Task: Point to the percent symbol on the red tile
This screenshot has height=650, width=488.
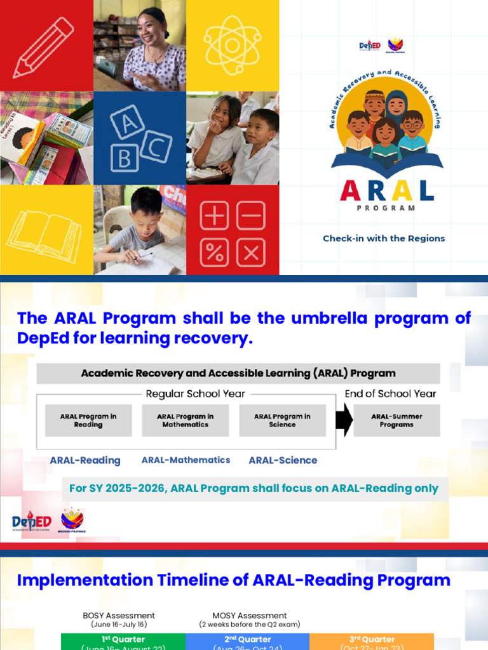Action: [215, 253]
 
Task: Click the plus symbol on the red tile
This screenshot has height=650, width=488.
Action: [215, 216]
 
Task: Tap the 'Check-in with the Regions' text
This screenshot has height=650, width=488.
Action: [384, 239]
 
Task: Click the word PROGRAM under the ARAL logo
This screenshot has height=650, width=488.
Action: [386, 208]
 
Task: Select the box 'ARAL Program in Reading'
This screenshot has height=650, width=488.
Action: [88, 420]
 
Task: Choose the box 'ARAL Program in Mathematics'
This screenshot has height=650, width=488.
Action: [185, 420]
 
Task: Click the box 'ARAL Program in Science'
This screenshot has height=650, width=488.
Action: [282, 420]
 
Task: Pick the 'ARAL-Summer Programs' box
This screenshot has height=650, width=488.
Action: [396, 420]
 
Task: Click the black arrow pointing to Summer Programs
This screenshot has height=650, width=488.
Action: [344, 421]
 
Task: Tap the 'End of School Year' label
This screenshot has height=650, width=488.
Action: [390, 394]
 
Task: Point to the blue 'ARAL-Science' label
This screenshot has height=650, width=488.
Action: [283, 460]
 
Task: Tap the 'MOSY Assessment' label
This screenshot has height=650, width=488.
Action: [250, 616]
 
